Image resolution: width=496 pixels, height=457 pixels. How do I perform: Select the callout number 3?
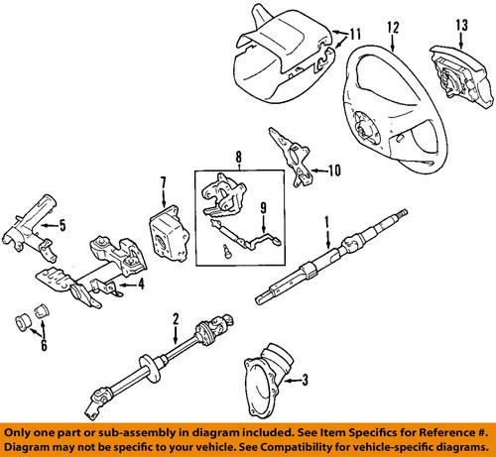pyautogui.click(x=305, y=378)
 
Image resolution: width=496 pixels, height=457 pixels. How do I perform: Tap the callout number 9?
pyautogui.click(x=264, y=208)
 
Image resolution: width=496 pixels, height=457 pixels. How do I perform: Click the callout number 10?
pyautogui.click(x=333, y=170)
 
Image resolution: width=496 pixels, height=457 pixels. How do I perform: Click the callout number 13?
pyautogui.click(x=460, y=26)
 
